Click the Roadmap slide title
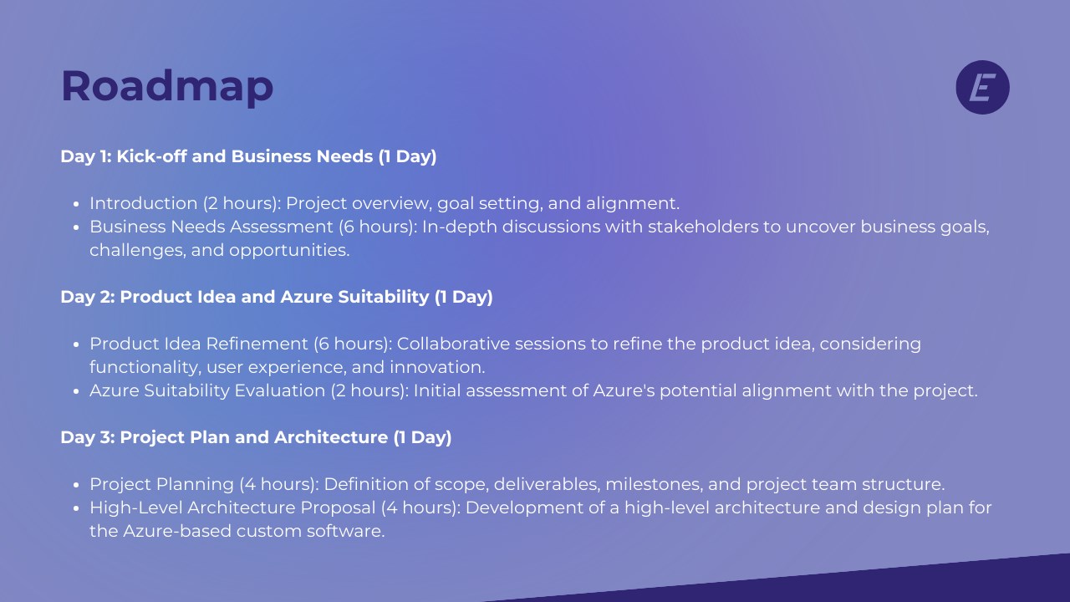coord(167,87)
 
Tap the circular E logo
coord(982,87)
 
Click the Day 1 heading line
coord(248,156)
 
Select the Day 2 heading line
coord(277,297)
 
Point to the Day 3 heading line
coord(256,437)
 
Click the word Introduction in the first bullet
coord(143,203)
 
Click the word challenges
coord(138,251)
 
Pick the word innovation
coord(437,367)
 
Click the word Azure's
coord(624,390)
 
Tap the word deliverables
coord(547,484)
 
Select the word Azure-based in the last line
coord(177,531)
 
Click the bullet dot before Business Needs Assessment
coord(76,228)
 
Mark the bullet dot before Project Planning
coord(76,486)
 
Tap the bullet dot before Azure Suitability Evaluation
coord(76,392)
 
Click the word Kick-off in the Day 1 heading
coord(151,156)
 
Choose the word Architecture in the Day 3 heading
coord(331,437)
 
